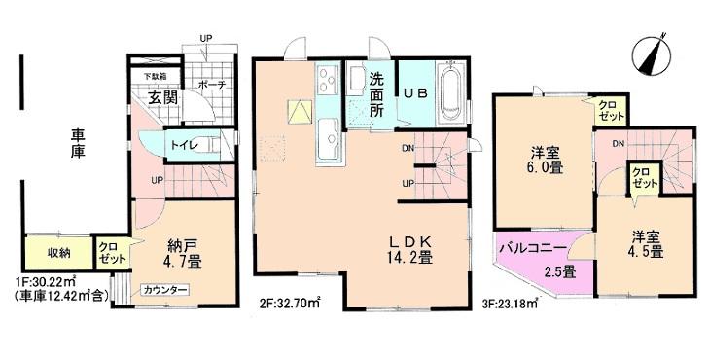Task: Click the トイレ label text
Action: (x=184, y=146)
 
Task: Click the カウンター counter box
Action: (x=163, y=290)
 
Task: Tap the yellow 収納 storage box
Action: (x=59, y=254)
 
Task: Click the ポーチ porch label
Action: (x=212, y=85)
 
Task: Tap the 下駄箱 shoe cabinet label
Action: (x=156, y=76)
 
